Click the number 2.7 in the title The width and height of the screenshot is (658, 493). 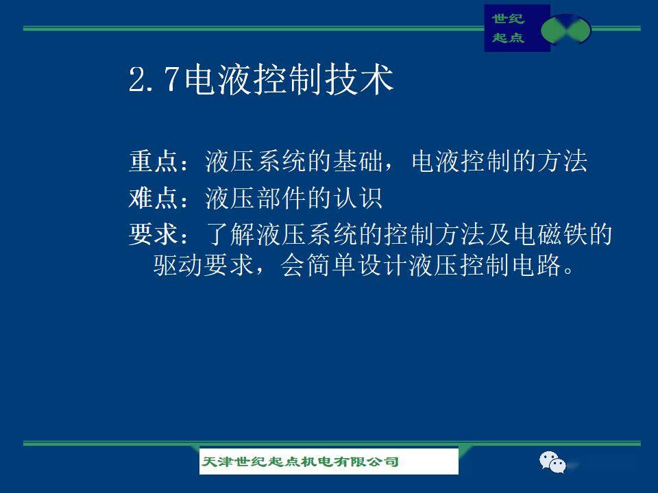pos(154,79)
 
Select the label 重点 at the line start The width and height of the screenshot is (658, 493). pos(153,161)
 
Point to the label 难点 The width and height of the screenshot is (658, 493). pos(153,197)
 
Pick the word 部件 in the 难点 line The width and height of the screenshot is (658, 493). pos(280,197)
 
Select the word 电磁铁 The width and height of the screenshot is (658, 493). pos(550,234)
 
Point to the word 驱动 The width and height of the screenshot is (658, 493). pos(178,265)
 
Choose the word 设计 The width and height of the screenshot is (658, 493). pos(382,265)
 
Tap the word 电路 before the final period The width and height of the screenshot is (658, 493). pos(536,265)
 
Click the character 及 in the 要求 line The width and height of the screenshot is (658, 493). pos(498,234)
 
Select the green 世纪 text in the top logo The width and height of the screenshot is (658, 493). pos(508,18)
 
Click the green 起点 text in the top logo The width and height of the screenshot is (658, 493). pos(508,38)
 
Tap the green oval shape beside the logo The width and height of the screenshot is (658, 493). pos(565,29)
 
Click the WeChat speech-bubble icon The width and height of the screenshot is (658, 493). pos(552,462)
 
